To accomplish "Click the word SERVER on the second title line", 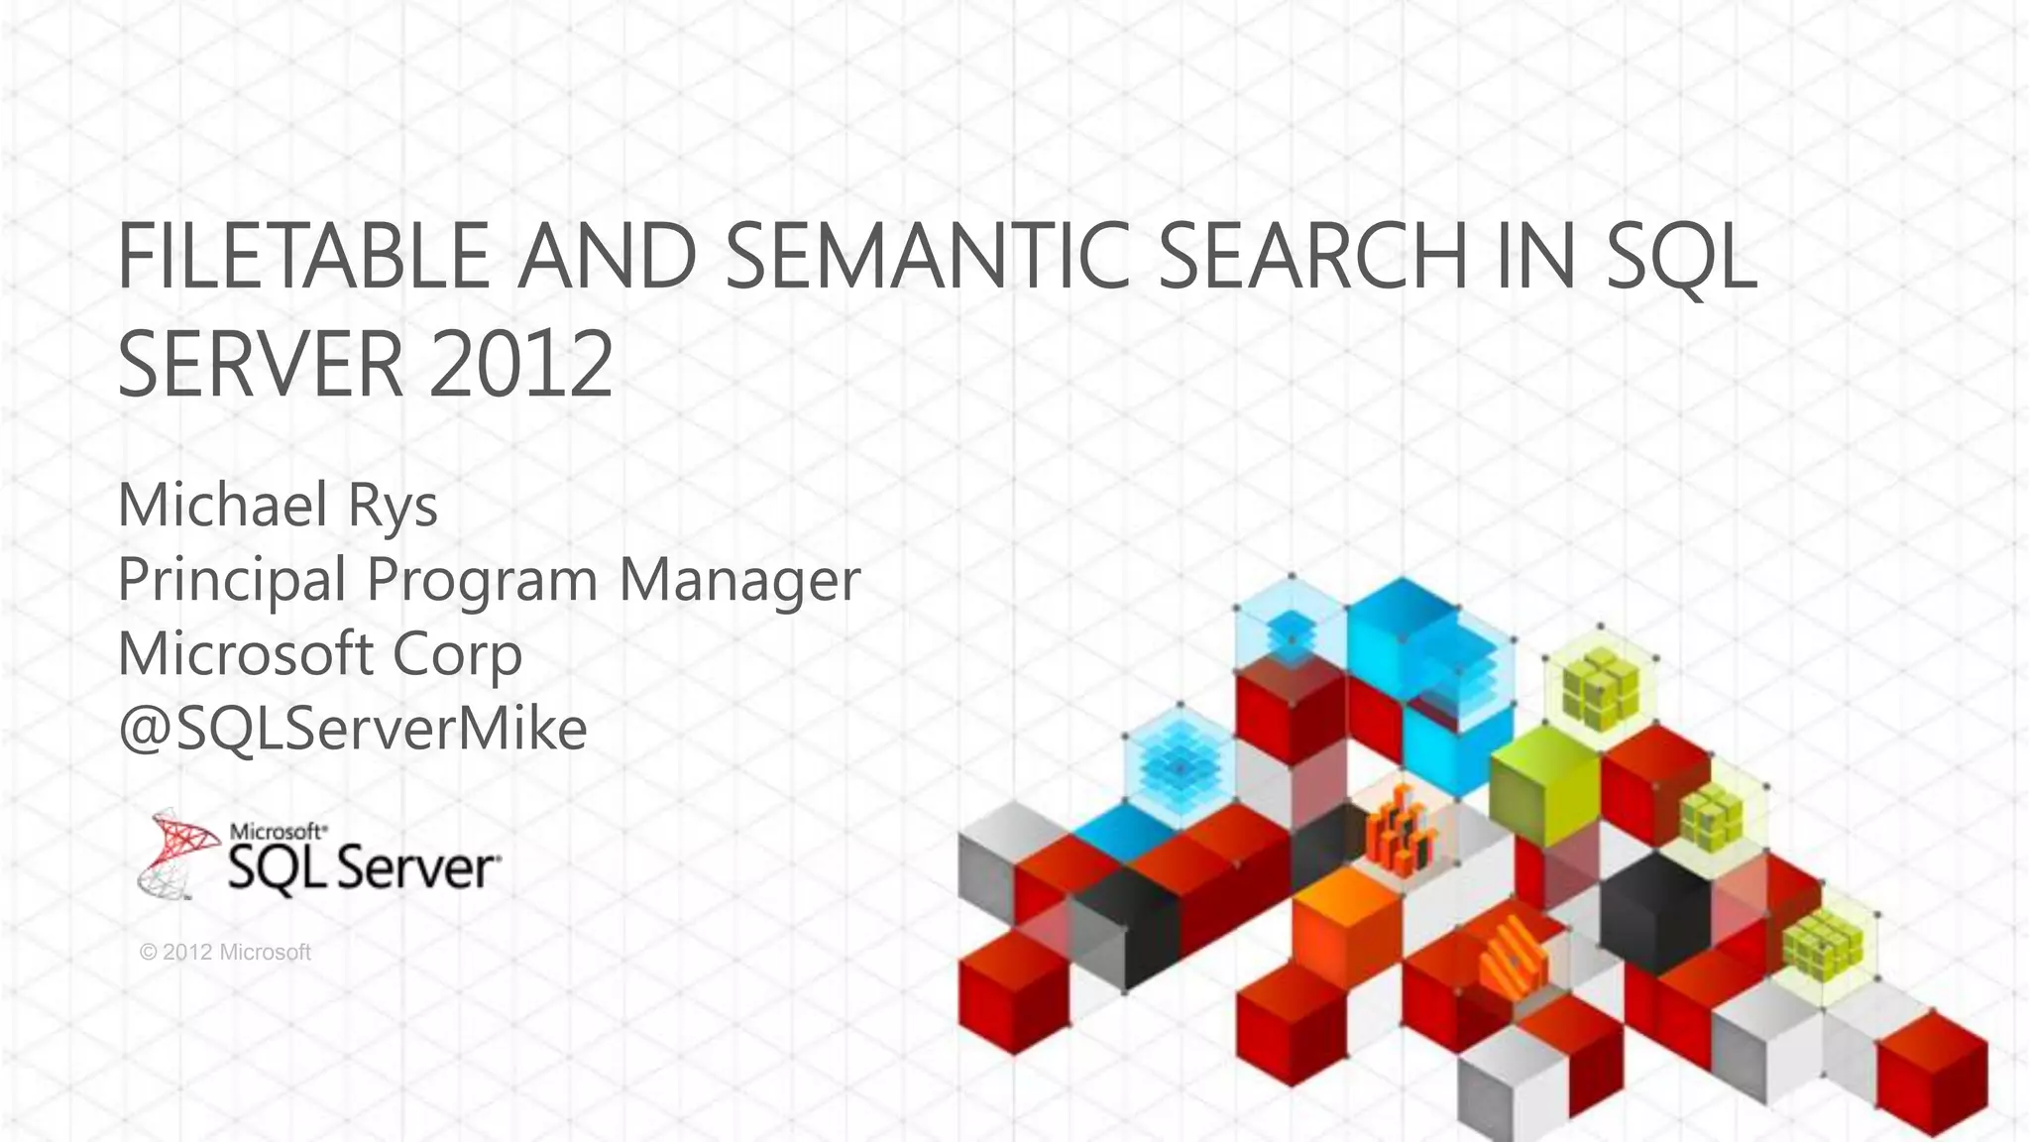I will click(x=261, y=364).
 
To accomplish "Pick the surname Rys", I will click(x=392, y=505).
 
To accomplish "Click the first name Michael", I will click(x=222, y=505).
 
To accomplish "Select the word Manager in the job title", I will click(x=739, y=579).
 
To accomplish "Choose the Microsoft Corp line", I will click(x=319, y=654).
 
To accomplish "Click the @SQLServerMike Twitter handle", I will click(x=352, y=729).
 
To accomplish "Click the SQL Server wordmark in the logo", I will click(x=363, y=867).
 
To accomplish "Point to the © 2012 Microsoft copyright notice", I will click(x=226, y=953).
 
